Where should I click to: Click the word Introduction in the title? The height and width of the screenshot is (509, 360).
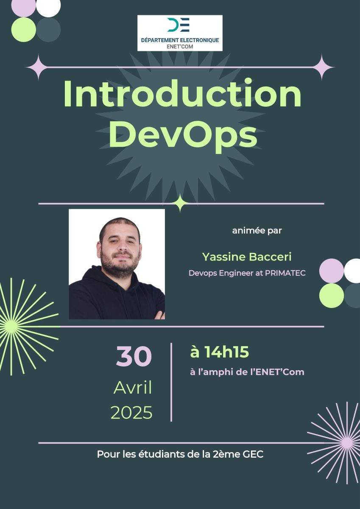(182, 93)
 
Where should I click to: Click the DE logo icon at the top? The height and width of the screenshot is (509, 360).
(179, 25)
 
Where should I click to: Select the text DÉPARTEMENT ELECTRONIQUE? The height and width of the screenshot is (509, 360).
(180, 40)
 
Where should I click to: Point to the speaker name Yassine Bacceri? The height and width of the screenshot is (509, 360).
(247, 257)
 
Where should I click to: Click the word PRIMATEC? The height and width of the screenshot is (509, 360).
(285, 273)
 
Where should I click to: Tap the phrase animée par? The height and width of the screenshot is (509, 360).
(257, 231)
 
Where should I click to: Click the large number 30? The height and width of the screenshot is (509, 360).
(134, 356)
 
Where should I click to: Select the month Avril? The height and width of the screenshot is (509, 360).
(133, 388)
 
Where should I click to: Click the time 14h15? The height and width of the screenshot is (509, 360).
(227, 352)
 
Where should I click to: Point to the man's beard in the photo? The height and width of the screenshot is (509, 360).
(120, 264)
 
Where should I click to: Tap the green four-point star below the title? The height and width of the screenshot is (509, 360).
(180, 203)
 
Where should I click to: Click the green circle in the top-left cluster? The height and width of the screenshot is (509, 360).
(24, 30)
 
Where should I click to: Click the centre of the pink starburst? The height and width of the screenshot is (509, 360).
(347, 441)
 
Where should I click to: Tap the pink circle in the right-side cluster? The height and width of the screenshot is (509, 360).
(332, 271)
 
